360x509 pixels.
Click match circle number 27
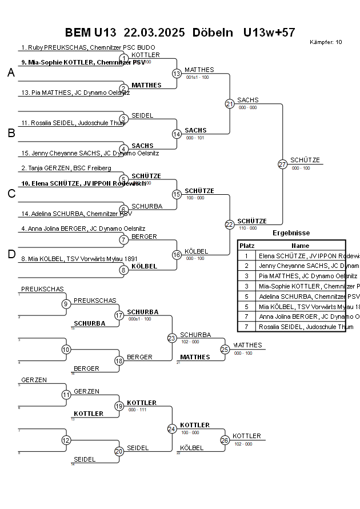282,165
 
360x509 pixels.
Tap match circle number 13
177,74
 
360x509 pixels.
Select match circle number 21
230,104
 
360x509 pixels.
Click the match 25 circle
225,349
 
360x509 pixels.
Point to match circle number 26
225,440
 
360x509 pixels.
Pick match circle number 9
66,304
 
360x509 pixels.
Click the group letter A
11,73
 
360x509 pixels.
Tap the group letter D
11,254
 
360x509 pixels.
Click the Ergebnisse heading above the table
291,233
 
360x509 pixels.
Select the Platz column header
247,246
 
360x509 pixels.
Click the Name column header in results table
300,246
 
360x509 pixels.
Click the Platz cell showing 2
246,266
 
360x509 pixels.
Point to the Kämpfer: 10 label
326,42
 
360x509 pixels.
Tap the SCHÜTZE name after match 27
305,161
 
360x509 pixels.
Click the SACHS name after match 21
247,100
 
